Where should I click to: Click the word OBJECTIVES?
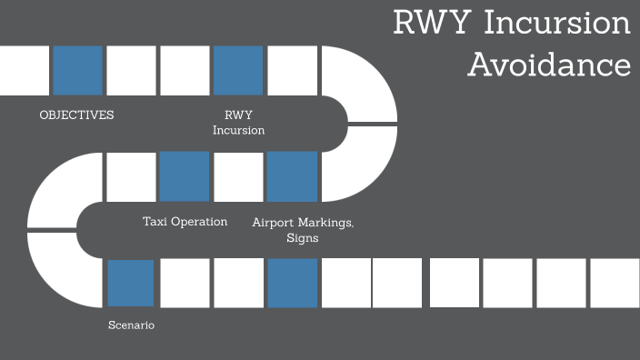76,115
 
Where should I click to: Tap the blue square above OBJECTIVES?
77,70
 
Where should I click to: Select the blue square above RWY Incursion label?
238,70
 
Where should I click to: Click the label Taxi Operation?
185,221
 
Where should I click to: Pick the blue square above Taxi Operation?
185,176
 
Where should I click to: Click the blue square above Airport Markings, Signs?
292,176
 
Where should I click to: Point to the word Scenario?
131,325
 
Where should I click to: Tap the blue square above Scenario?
131,283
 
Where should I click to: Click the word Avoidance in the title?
549,65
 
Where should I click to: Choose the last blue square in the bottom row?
292,283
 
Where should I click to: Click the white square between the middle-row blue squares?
238,176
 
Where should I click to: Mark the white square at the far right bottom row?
615,283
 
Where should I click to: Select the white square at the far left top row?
24,70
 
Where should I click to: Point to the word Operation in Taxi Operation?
200,221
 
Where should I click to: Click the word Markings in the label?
325,222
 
